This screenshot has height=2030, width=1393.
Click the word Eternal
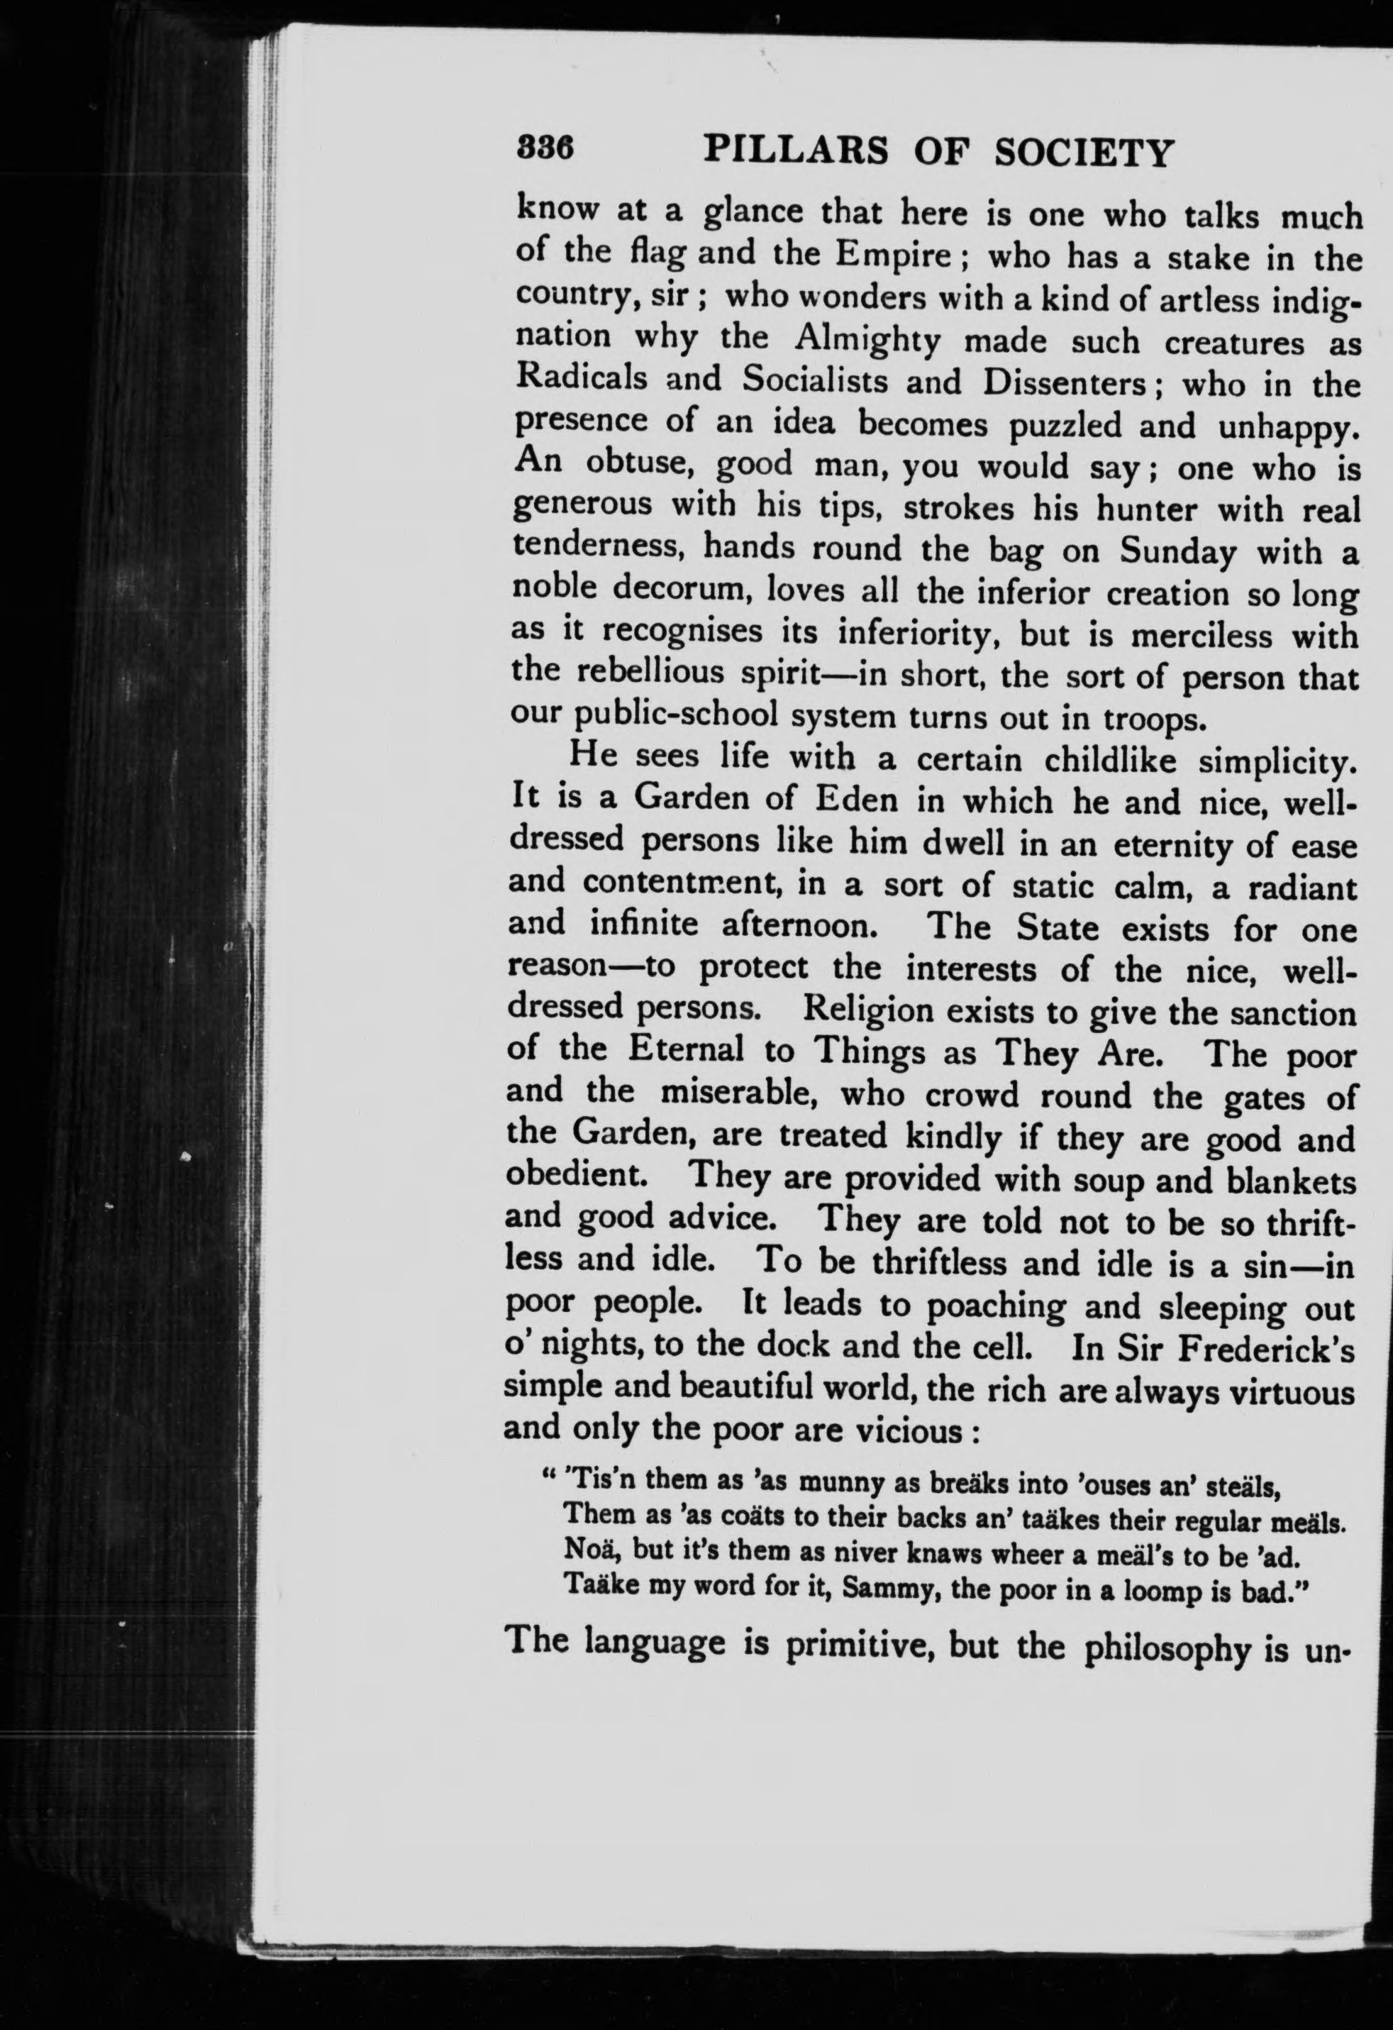(x=687, y=1049)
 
